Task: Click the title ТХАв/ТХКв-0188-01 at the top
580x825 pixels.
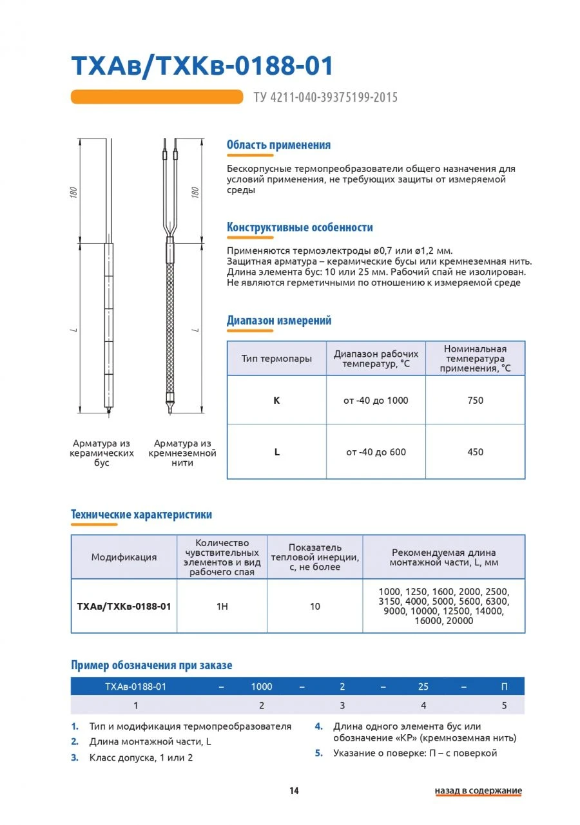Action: tap(202, 66)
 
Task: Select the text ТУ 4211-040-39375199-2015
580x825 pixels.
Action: tap(325, 97)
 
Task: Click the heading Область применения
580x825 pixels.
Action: tap(278, 145)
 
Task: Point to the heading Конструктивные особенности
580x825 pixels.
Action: tap(300, 227)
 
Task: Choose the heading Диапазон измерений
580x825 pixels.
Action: tap(279, 320)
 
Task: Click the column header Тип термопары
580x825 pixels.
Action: tap(276, 359)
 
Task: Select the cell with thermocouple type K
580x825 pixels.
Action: tap(276, 400)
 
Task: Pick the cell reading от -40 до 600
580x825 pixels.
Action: tap(376, 452)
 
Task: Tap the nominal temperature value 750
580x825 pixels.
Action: tap(475, 400)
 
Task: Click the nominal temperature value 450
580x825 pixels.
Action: tap(475, 452)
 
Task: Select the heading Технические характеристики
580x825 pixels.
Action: tap(141, 515)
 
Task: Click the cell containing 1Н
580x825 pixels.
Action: tap(222, 606)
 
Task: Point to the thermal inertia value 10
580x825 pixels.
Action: tap(314, 606)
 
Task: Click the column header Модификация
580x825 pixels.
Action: tap(124, 557)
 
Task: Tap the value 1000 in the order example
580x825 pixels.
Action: tap(262, 687)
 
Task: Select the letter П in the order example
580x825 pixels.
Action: tap(504, 687)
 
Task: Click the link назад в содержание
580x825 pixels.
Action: tap(478, 791)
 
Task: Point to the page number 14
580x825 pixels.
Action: tap(294, 791)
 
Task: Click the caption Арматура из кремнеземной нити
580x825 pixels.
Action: tap(182, 453)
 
